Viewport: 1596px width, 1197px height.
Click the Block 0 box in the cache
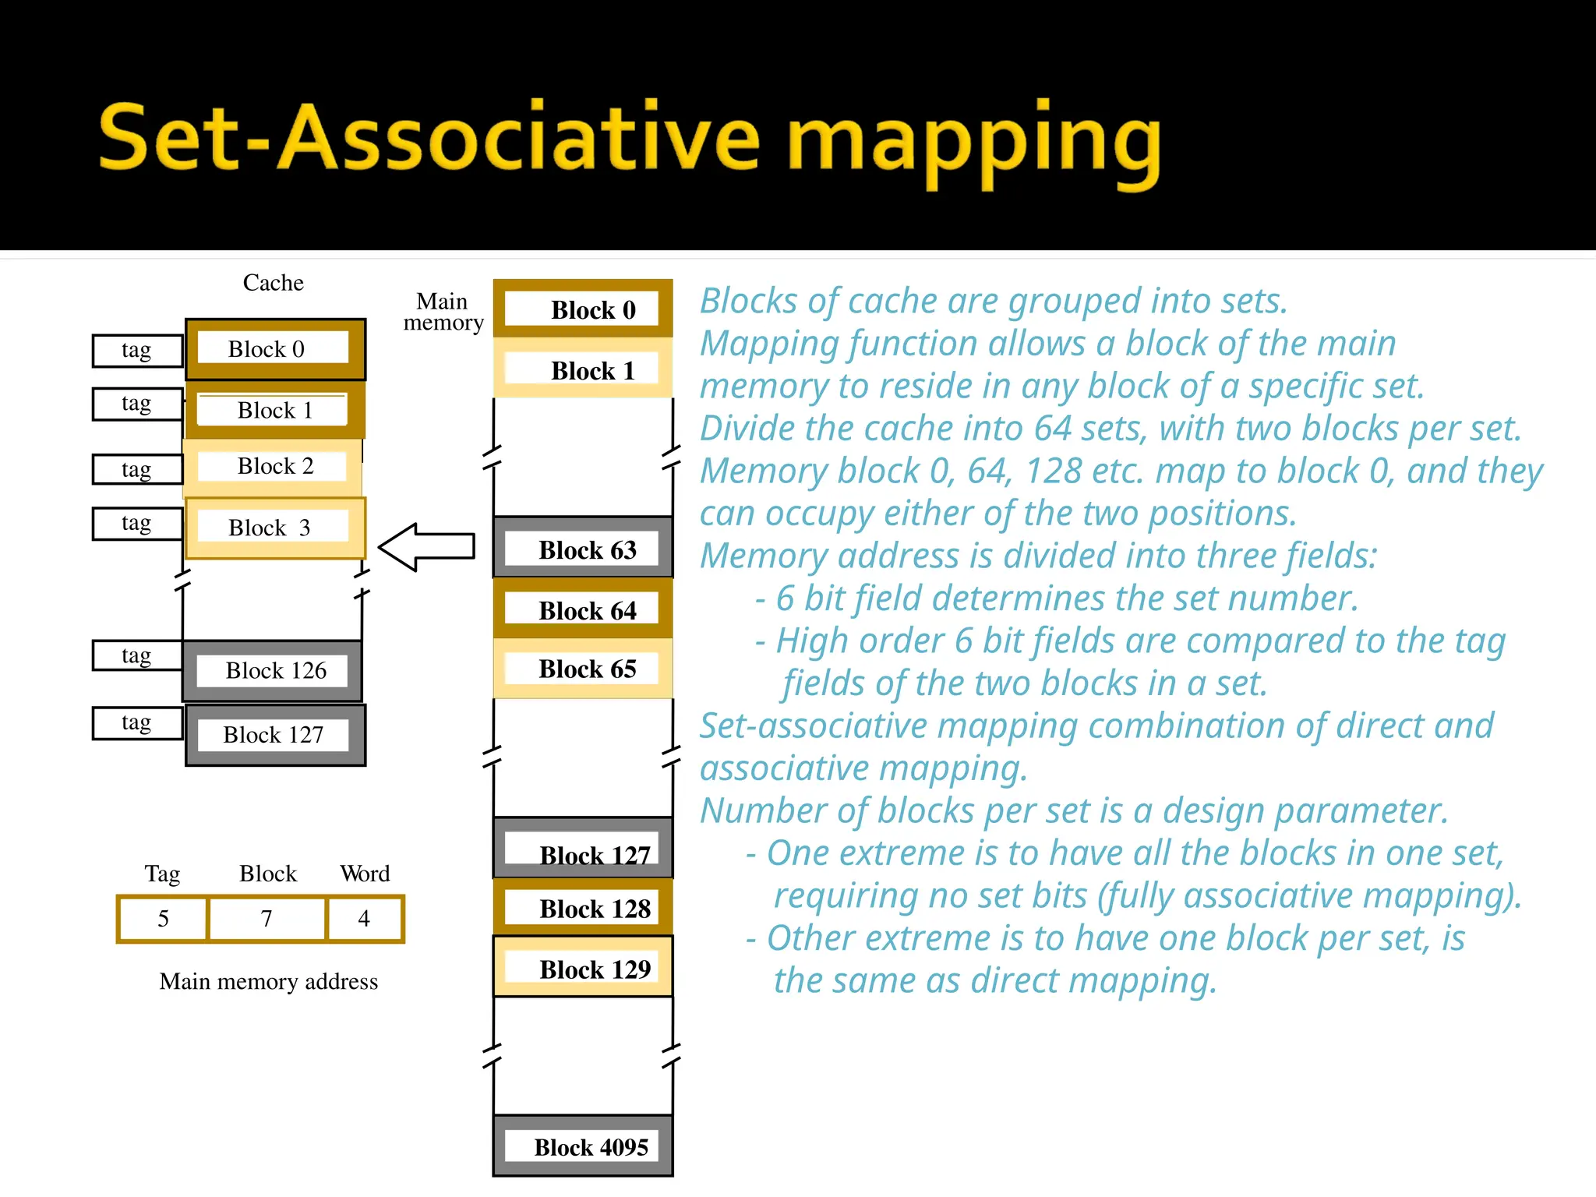275,349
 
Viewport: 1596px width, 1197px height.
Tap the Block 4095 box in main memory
583,1146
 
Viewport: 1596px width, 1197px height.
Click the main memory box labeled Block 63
583,549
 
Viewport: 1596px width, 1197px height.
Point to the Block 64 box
583,609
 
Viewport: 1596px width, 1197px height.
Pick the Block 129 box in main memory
583,968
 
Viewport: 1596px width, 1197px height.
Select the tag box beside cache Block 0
137,351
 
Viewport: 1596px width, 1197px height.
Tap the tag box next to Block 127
137,723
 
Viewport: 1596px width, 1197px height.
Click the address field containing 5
163,919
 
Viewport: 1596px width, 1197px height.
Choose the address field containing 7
267,919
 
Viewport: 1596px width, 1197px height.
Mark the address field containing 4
365,919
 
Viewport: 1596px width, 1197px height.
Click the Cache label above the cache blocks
273,282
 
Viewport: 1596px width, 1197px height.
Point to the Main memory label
443,312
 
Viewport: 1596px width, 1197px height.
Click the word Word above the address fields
365,874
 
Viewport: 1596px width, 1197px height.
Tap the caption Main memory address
268,981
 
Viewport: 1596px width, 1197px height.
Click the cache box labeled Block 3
275,528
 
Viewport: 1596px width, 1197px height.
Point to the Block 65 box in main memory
583,669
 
